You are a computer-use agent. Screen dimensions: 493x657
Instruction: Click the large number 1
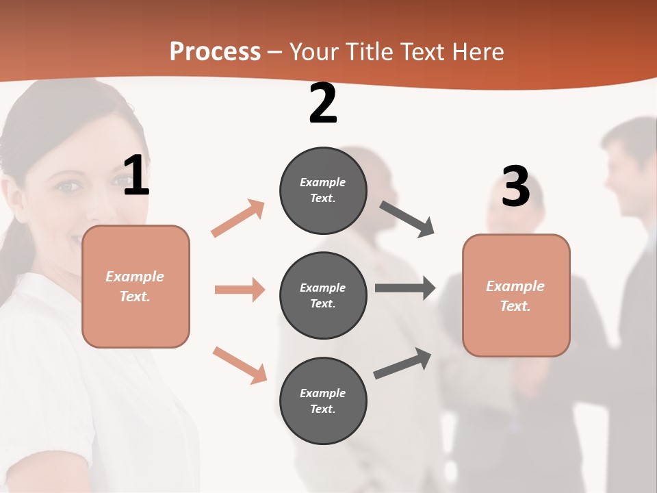pos(136,175)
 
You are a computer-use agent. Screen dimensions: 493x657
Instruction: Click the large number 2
pos(323,104)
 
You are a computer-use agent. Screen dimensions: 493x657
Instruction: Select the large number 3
pos(516,187)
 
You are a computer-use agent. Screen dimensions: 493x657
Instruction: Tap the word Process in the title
pos(215,52)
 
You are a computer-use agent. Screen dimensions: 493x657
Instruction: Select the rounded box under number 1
pos(136,286)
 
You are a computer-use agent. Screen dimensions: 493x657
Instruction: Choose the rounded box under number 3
pos(516,296)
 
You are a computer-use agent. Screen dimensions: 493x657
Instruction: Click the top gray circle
pos(323,190)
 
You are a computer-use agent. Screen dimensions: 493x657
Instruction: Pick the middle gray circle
pos(323,295)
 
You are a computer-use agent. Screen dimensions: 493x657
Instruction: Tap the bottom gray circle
pos(323,401)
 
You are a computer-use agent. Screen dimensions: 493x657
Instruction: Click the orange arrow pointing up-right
pos(238,218)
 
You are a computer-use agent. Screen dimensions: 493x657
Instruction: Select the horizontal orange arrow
pos(240,290)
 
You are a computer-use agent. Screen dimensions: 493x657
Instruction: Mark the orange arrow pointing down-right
pos(240,365)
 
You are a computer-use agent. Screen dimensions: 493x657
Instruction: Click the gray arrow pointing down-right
pos(407,219)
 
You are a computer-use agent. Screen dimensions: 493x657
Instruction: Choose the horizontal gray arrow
pos(405,288)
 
